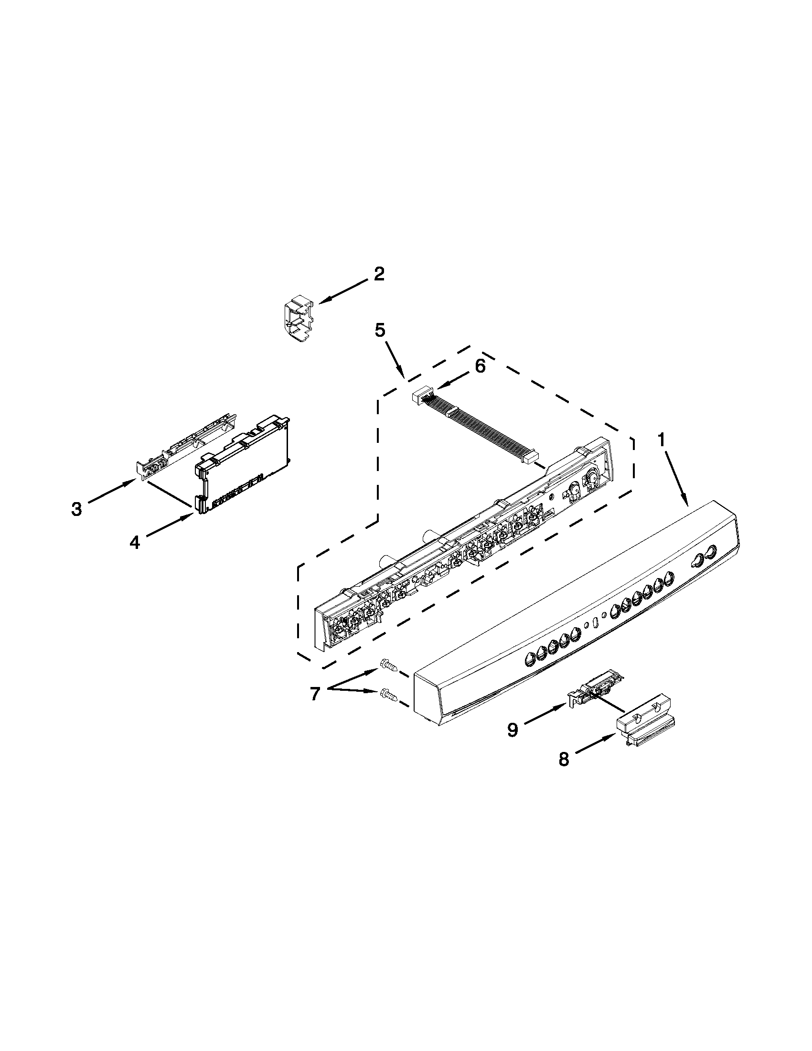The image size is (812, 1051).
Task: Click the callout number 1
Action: tap(662, 439)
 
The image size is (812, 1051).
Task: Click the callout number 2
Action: tap(379, 274)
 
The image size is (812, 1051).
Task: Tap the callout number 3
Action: tap(76, 509)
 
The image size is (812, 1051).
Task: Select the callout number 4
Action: tap(134, 543)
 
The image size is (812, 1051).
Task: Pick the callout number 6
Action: tap(480, 366)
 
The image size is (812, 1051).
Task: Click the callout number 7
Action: tap(315, 694)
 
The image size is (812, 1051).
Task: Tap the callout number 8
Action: tap(564, 760)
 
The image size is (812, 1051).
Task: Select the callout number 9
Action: tap(513, 729)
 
